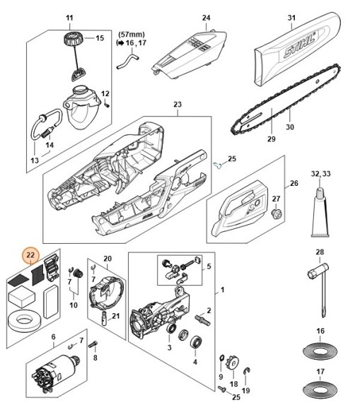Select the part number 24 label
(187, 17)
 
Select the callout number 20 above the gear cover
(108, 258)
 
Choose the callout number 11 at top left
(69, 17)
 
